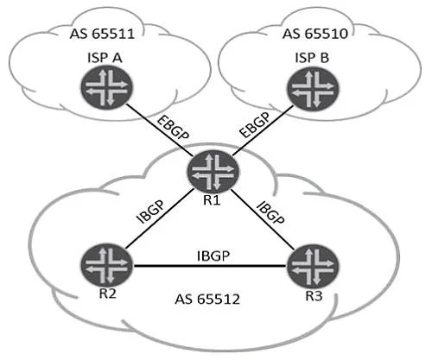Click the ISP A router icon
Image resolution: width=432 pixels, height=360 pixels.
[106, 86]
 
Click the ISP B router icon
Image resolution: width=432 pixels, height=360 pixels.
[313, 88]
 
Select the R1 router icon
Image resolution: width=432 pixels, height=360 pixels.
[213, 171]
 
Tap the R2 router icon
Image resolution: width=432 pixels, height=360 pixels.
[106, 265]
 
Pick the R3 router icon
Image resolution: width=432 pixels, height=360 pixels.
[313, 265]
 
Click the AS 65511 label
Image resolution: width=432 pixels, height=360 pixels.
[102, 34]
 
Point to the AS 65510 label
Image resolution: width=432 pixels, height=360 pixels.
[315, 34]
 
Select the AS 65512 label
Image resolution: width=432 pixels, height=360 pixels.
[207, 300]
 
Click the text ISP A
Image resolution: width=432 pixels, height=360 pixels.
[105, 58]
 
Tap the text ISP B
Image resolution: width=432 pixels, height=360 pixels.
[312, 58]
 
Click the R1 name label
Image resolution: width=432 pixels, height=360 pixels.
[212, 200]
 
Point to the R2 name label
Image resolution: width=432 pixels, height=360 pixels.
[107, 294]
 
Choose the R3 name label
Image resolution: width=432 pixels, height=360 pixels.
[314, 295]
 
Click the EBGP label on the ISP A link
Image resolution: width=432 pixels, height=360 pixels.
[173, 128]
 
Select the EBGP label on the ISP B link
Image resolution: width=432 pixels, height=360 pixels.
[255, 125]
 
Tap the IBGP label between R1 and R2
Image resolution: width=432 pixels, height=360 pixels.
[150, 212]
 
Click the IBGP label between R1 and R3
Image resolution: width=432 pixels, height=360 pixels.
[270, 213]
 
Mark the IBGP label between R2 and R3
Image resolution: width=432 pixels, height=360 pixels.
[213, 256]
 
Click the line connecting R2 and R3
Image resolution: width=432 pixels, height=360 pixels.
[210, 266]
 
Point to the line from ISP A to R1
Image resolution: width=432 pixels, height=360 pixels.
[158, 129]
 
